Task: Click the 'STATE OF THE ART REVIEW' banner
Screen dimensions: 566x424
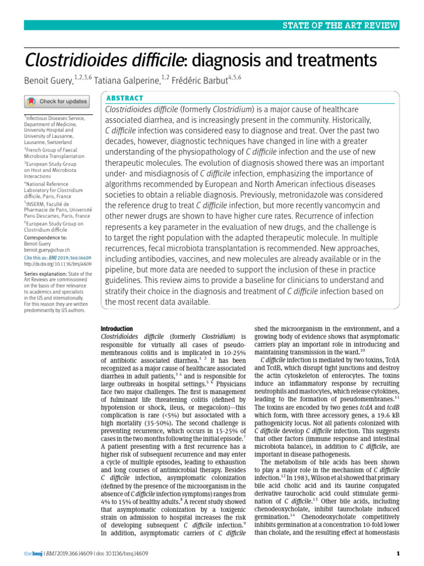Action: click(x=341, y=25)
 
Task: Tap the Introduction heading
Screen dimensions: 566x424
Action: click(x=116, y=328)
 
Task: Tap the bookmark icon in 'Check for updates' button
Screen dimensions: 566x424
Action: click(x=31, y=102)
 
